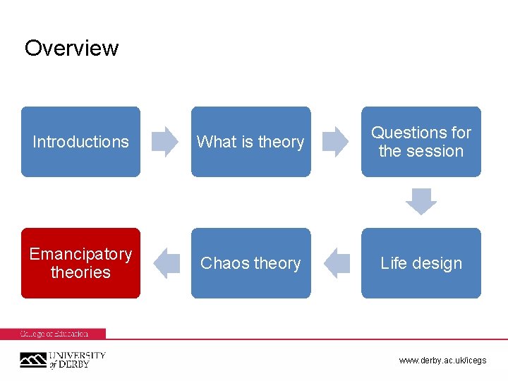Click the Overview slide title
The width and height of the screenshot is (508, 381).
71,48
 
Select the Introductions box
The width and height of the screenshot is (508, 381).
80,142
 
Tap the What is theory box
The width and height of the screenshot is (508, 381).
250,142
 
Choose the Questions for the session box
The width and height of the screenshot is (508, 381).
421,142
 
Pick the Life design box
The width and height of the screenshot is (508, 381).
421,263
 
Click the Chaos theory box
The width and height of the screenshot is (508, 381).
250,263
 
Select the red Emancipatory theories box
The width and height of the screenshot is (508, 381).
80,263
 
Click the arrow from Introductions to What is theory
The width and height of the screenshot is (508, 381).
166,141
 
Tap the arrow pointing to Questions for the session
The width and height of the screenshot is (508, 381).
336,141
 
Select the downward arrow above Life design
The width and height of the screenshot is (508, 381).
421,202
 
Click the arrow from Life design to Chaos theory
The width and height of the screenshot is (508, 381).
337,263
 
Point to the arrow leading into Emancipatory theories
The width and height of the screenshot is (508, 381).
167,263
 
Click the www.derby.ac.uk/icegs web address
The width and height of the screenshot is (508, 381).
442,361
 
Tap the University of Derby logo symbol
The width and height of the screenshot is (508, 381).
32,361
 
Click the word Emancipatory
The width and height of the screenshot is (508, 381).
80,254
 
